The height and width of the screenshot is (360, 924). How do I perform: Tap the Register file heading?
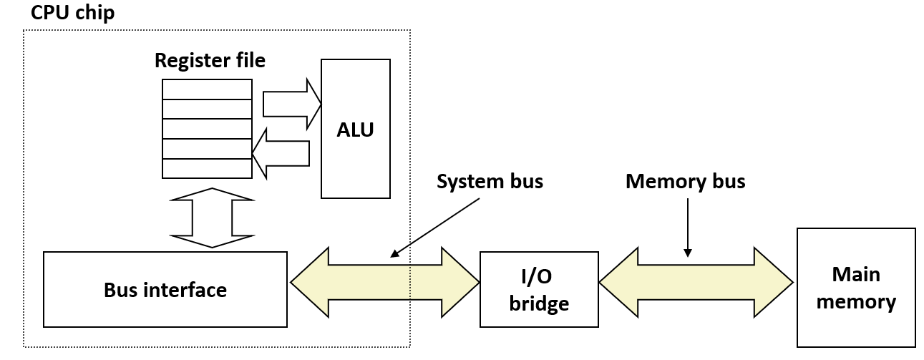pyautogui.click(x=210, y=60)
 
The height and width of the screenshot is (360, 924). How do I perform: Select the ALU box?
pyautogui.click(x=356, y=129)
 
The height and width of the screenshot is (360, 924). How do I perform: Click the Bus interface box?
pyautogui.click(x=165, y=289)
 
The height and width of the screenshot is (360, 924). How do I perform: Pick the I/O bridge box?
pyautogui.click(x=539, y=289)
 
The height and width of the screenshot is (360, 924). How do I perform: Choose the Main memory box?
pyautogui.click(x=856, y=287)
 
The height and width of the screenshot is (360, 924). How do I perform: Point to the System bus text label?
pyautogui.click(x=490, y=182)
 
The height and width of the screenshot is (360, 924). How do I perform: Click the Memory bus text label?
pyautogui.click(x=685, y=182)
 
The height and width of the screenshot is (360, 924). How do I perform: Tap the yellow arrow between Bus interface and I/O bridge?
pyautogui.click(x=384, y=283)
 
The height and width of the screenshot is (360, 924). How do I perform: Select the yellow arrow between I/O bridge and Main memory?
pyautogui.click(x=696, y=283)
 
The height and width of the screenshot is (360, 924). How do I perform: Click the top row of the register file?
pyautogui.click(x=207, y=89)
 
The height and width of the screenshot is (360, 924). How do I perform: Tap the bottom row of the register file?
pyautogui.click(x=207, y=168)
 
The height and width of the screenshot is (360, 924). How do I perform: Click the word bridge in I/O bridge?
pyautogui.click(x=539, y=303)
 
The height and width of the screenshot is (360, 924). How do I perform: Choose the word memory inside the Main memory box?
pyautogui.click(x=856, y=301)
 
